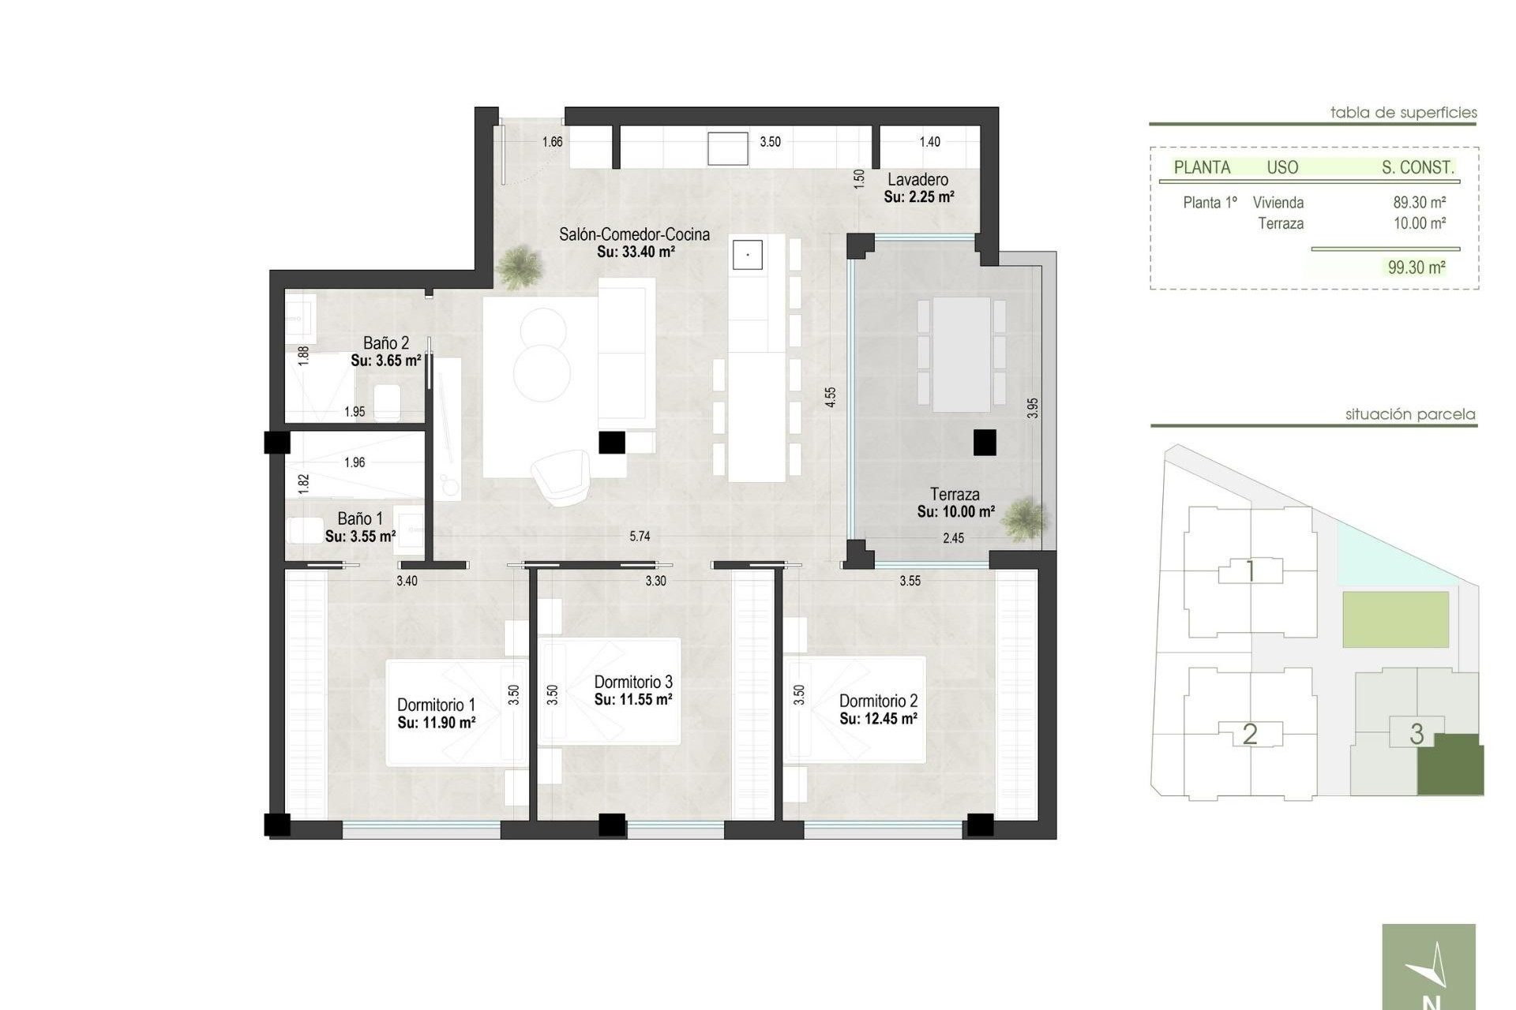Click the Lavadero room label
coord(917,180)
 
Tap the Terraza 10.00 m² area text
coord(955,512)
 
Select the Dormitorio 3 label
coord(633,682)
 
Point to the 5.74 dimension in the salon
coord(640,537)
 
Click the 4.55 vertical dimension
coord(830,397)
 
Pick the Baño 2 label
coord(385,343)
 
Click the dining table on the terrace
coord(961,354)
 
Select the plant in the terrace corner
coord(1025,519)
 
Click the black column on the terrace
coord(985,443)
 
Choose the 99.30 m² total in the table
coord(1417,267)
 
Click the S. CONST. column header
coord(1417,167)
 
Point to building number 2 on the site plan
coord(1249,734)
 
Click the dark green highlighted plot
coord(1450,765)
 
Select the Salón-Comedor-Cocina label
coord(634,234)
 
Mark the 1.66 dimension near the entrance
coord(552,142)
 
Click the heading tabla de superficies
coord(1403,113)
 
